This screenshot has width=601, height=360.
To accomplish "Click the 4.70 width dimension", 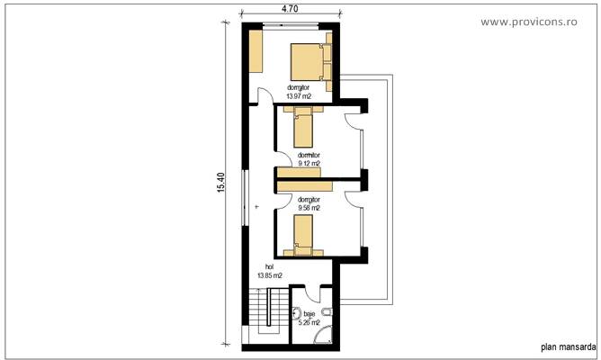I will click(x=290, y=8).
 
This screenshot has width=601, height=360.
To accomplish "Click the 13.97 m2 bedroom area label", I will click(x=299, y=92).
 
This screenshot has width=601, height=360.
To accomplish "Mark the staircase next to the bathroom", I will click(x=266, y=311).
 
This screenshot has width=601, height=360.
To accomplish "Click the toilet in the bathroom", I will click(x=330, y=312).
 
